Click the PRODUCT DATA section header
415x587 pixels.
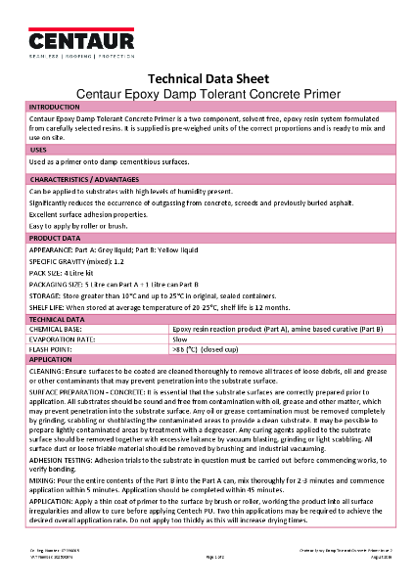pyautogui.click(x=55, y=238)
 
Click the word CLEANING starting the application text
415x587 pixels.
pyautogui.click(x=48, y=373)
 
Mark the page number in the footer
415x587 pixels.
pyautogui.click(x=208, y=579)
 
